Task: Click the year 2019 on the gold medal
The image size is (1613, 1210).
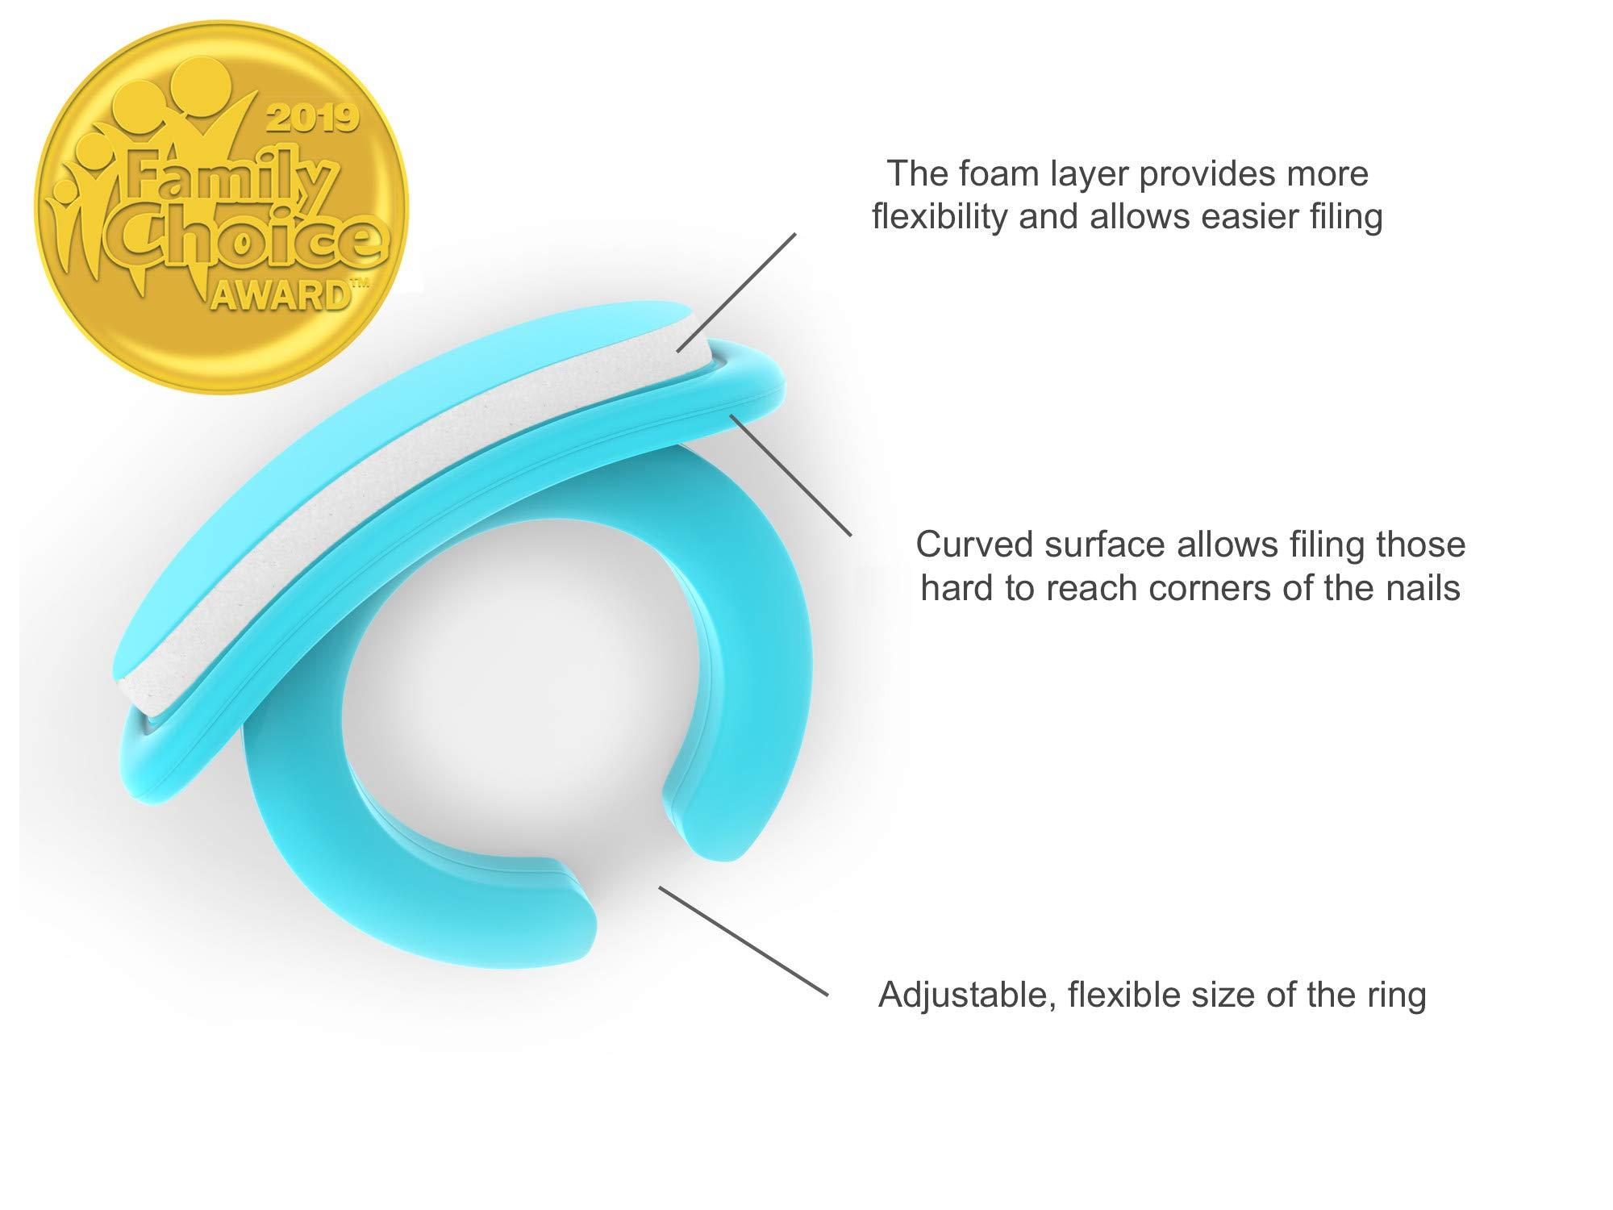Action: (311, 119)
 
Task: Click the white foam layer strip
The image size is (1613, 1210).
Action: (403, 516)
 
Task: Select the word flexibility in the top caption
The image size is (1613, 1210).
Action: (940, 218)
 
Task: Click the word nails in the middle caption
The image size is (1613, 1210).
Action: (1420, 588)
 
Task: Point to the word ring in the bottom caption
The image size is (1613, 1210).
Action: (1395, 995)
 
